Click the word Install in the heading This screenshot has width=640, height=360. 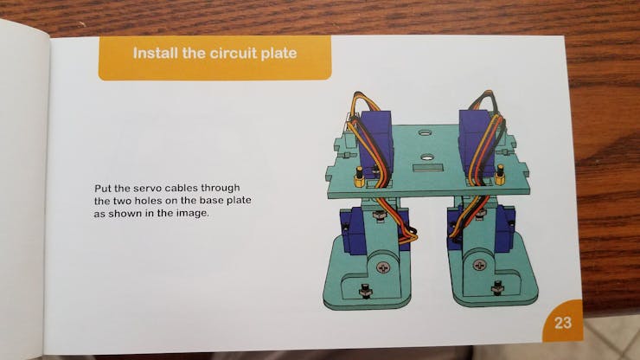(156, 53)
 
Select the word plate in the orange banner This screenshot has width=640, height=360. (279, 54)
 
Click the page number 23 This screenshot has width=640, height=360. (563, 323)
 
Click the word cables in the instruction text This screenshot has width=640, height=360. (182, 189)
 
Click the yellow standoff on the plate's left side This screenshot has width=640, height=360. (359, 177)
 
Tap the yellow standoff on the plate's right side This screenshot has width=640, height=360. (500, 175)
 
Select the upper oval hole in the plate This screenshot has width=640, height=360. (425, 132)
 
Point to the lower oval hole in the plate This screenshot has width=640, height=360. (427, 157)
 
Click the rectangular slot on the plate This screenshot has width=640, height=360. (428, 168)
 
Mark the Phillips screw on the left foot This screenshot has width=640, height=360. (382, 267)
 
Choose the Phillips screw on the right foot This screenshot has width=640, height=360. (479, 265)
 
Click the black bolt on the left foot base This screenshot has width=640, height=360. (364, 291)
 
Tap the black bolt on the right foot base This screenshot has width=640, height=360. (497, 287)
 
